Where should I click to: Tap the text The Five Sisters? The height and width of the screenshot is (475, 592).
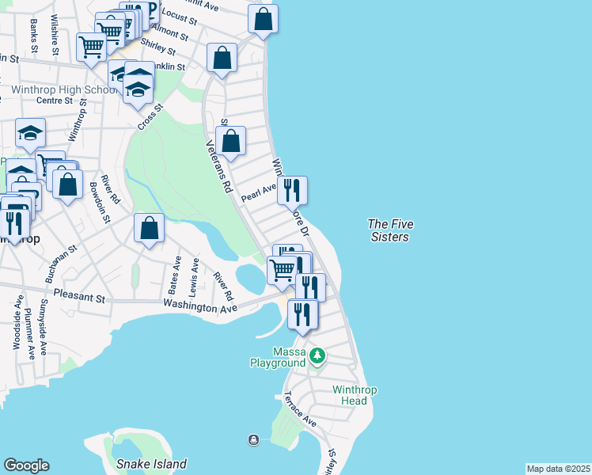390,230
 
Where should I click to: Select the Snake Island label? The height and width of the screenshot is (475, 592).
151,464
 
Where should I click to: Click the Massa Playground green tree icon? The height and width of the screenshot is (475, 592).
317,355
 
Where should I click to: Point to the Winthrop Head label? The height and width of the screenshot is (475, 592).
349,395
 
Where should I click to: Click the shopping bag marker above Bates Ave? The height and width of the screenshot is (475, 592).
149,229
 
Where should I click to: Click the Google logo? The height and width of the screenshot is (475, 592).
26,465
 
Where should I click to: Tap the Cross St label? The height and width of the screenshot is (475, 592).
150,118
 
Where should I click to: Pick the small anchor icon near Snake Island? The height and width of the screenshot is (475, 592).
252,440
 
